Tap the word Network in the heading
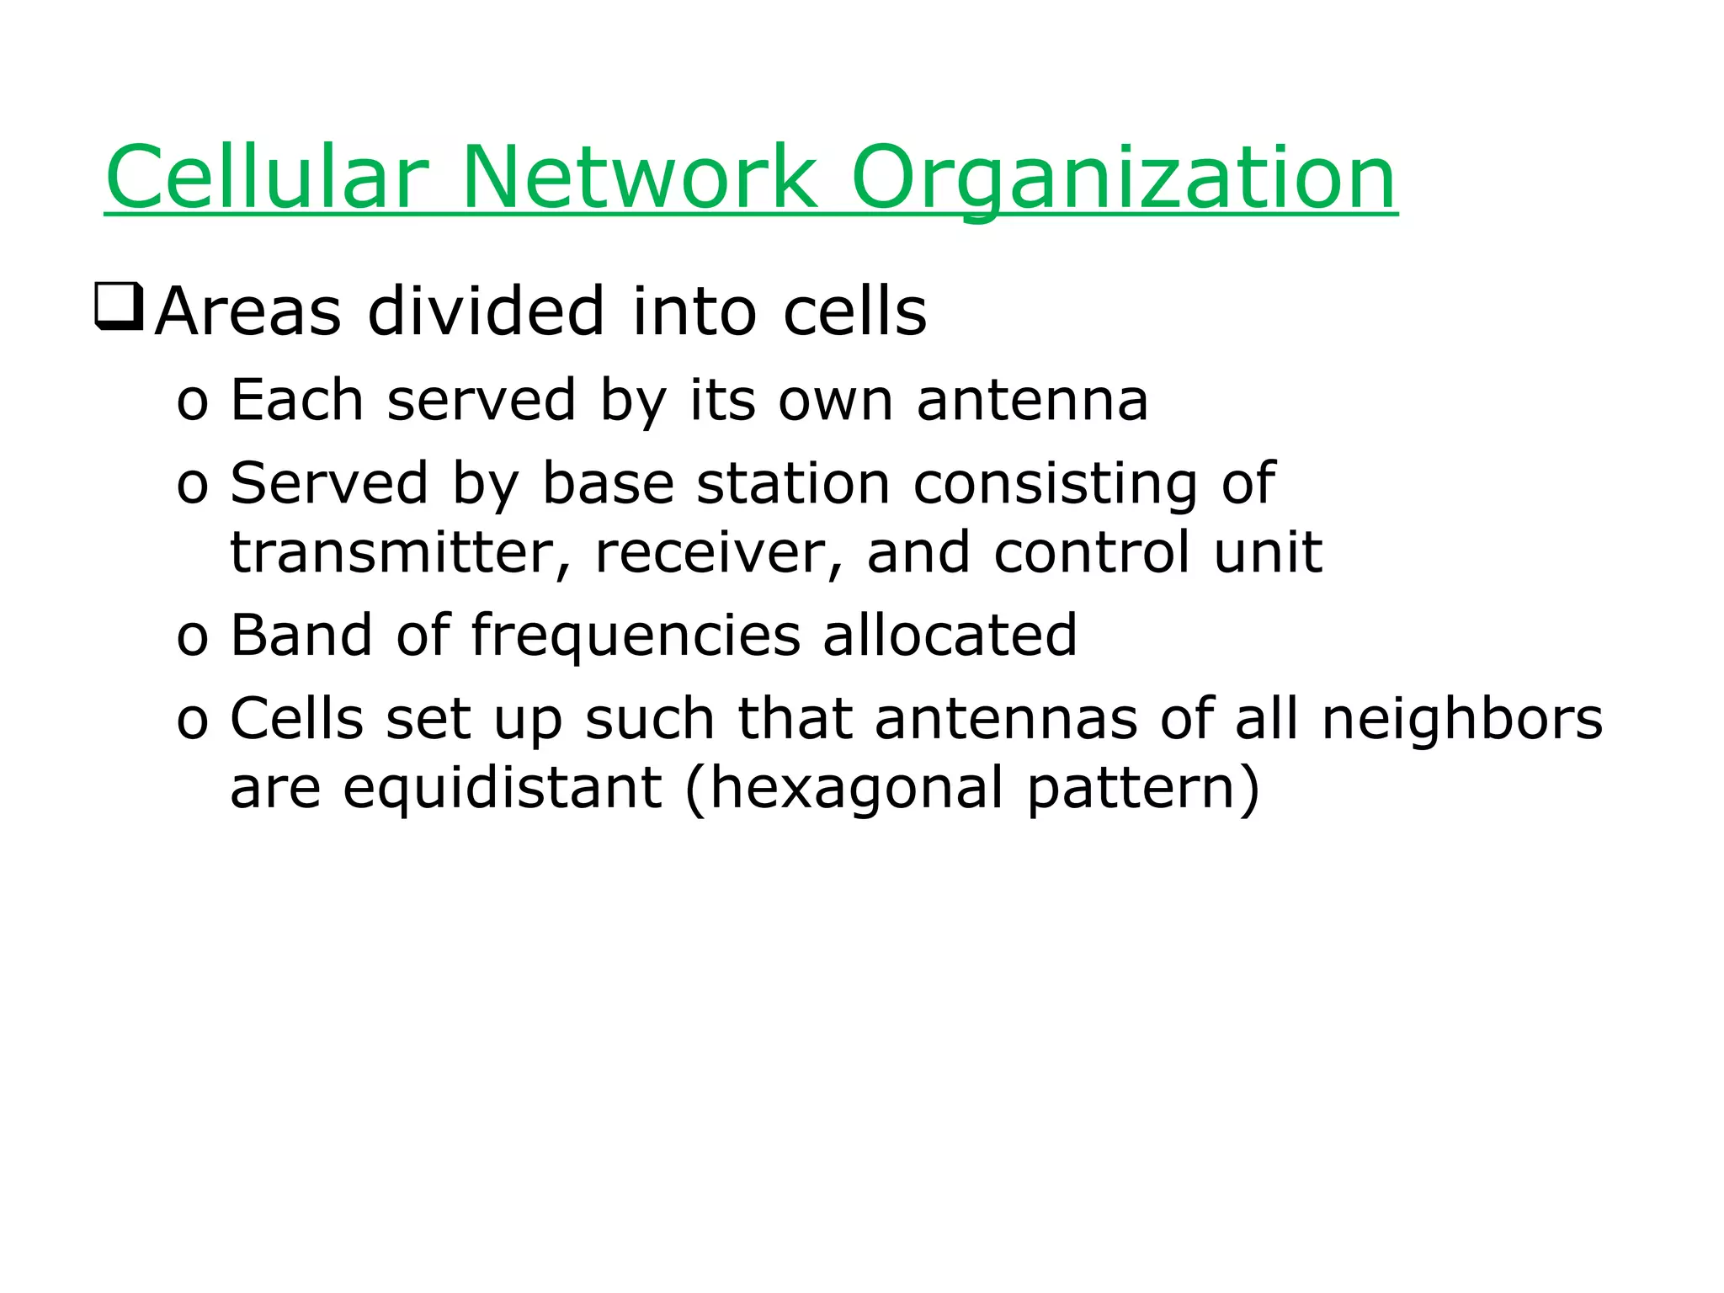639,178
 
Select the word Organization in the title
1123,178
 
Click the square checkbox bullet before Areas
119,308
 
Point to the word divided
486,311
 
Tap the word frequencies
636,636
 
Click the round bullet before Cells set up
192,722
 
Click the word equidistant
502,789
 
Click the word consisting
1055,486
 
